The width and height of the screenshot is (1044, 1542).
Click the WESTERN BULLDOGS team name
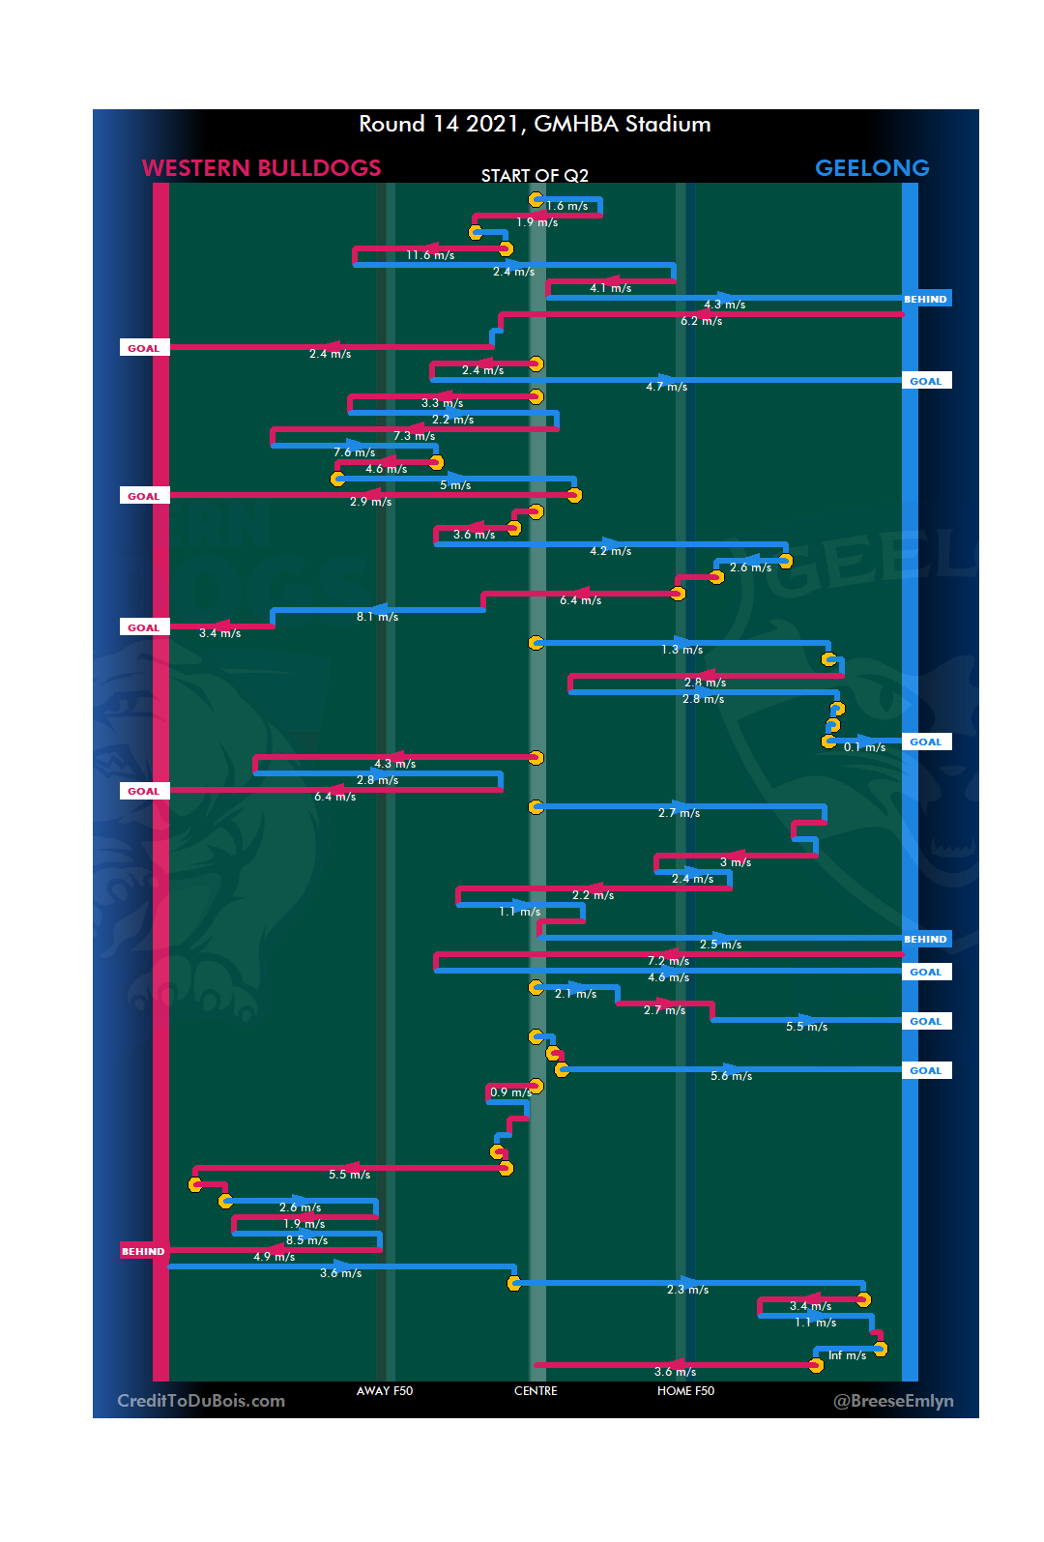[261, 168]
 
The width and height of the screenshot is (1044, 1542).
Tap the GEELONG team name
[871, 168]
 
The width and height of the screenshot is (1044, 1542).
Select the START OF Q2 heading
[535, 175]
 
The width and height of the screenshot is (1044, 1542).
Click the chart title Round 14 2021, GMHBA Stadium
[535, 124]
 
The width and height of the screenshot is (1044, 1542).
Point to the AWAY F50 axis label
[384, 1391]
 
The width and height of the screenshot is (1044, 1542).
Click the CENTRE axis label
[536, 1391]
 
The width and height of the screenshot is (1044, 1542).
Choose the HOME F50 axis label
[685, 1391]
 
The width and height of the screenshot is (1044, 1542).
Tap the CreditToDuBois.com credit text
[201, 1401]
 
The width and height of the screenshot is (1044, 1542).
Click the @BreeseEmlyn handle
[893, 1401]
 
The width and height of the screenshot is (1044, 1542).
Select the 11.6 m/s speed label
[430, 255]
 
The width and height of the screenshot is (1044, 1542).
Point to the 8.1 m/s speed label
[377, 617]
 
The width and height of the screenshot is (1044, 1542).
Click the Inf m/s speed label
[847, 1355]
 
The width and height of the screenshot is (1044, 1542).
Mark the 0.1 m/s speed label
[864, 747]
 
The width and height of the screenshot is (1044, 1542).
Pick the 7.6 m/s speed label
[355, 452]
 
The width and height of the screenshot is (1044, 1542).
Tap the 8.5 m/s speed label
[306, 1240]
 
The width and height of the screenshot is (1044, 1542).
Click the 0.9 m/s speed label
[509, 1092]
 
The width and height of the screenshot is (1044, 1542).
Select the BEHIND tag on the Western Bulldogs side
[143, 1251]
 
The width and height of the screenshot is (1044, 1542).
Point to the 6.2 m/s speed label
[701, 321]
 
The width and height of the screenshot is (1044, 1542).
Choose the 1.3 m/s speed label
[681, 650]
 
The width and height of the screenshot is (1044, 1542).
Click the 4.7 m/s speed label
[667, 387]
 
